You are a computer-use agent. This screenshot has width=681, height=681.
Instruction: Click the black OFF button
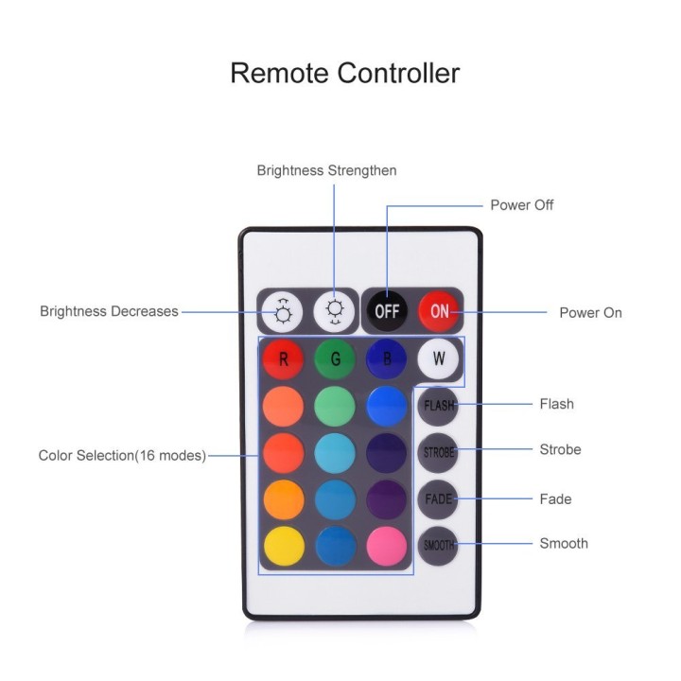[x=387, y=311]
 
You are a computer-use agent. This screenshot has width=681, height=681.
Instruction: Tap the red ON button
[x=439, y=311]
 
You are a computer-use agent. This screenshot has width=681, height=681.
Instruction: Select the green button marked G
[x=335, y=359]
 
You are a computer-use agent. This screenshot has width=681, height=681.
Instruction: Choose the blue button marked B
[x=387, y=359]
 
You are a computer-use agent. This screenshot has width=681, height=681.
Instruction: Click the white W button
[x=438, y=358]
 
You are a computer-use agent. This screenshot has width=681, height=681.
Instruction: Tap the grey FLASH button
[x=438, y=406]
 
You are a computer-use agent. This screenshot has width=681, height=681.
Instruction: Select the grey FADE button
[x=438, y=499]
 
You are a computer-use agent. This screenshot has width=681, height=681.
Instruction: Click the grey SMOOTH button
[x=438, y=546]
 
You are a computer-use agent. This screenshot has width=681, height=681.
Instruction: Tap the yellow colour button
[x=284, y=547]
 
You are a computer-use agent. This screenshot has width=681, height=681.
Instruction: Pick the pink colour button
[x=387, y=547]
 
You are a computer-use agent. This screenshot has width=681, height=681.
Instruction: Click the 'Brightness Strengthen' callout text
[x=326, y=170]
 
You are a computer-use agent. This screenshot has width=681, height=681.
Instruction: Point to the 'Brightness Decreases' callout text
[x=109, y=311]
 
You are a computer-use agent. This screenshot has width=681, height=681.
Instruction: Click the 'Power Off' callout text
[x=521, y=205]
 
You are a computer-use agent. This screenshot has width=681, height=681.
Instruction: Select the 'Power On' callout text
[x=590, y=313]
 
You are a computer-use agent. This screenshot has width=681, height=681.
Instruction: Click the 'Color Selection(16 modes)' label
[x=122, y=456]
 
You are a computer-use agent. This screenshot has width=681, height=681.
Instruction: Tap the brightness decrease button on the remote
[x=283, y=311]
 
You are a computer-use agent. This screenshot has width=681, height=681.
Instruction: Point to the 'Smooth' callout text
[x=564, y=543]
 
